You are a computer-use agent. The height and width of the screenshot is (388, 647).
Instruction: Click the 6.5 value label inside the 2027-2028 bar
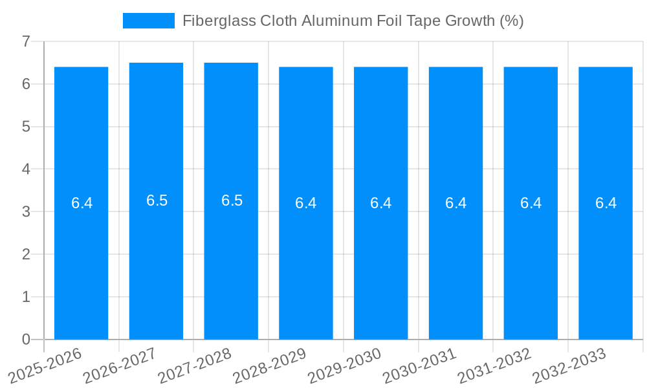pos(232,200)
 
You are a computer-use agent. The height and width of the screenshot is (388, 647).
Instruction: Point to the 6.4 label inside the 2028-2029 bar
pos(305,203)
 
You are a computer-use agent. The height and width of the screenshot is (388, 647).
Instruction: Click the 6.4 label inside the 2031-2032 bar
pos(531,203)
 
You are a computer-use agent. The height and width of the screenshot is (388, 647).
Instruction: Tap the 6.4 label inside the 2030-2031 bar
pos(455,203)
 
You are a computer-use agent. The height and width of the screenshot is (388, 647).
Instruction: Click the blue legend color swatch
pos(149,21)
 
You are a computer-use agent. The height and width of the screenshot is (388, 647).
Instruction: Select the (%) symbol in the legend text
pos(511,21)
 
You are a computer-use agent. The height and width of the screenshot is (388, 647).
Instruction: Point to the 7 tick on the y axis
pos(26,41)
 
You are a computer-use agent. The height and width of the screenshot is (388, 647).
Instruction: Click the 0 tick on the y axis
pos(26,339)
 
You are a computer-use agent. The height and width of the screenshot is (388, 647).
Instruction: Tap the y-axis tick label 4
pos(26,169)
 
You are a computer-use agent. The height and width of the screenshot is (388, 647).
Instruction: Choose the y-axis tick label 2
pos(26,254)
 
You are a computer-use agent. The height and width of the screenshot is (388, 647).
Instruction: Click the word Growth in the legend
pos(470,21)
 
